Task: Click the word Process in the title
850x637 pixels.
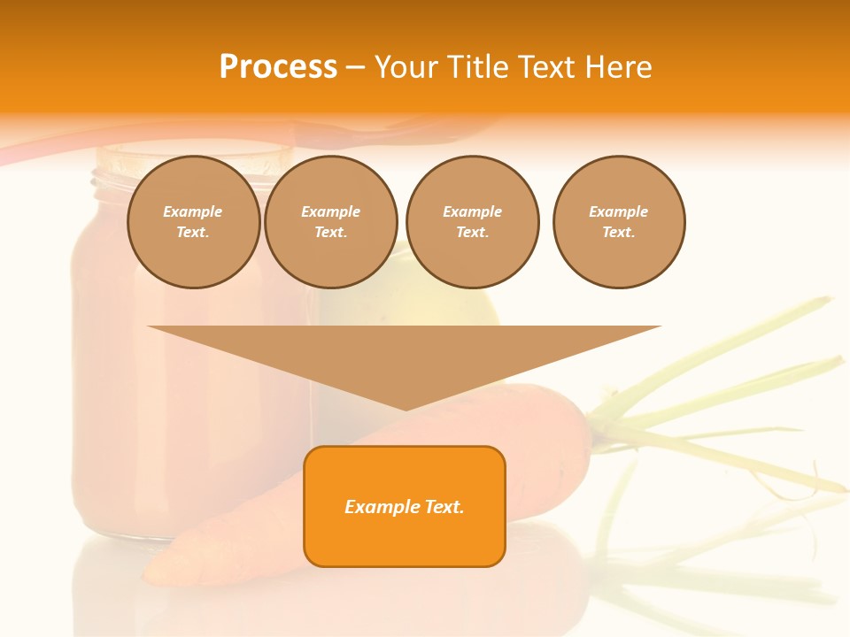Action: (278, 67)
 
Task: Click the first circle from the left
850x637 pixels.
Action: (193, 222)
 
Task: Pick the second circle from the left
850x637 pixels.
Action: (331, 222)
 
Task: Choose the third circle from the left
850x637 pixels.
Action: (472, 222)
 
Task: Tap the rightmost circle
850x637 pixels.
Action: (619, 222)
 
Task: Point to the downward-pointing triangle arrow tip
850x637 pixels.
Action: (406, 408)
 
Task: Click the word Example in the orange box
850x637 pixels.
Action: (382, 507)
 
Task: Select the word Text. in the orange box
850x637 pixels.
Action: (444, 507)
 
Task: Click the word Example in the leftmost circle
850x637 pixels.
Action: (193, 211)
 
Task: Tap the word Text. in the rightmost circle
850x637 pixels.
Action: (619, 233)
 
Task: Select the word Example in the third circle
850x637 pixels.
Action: (472, 211)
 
